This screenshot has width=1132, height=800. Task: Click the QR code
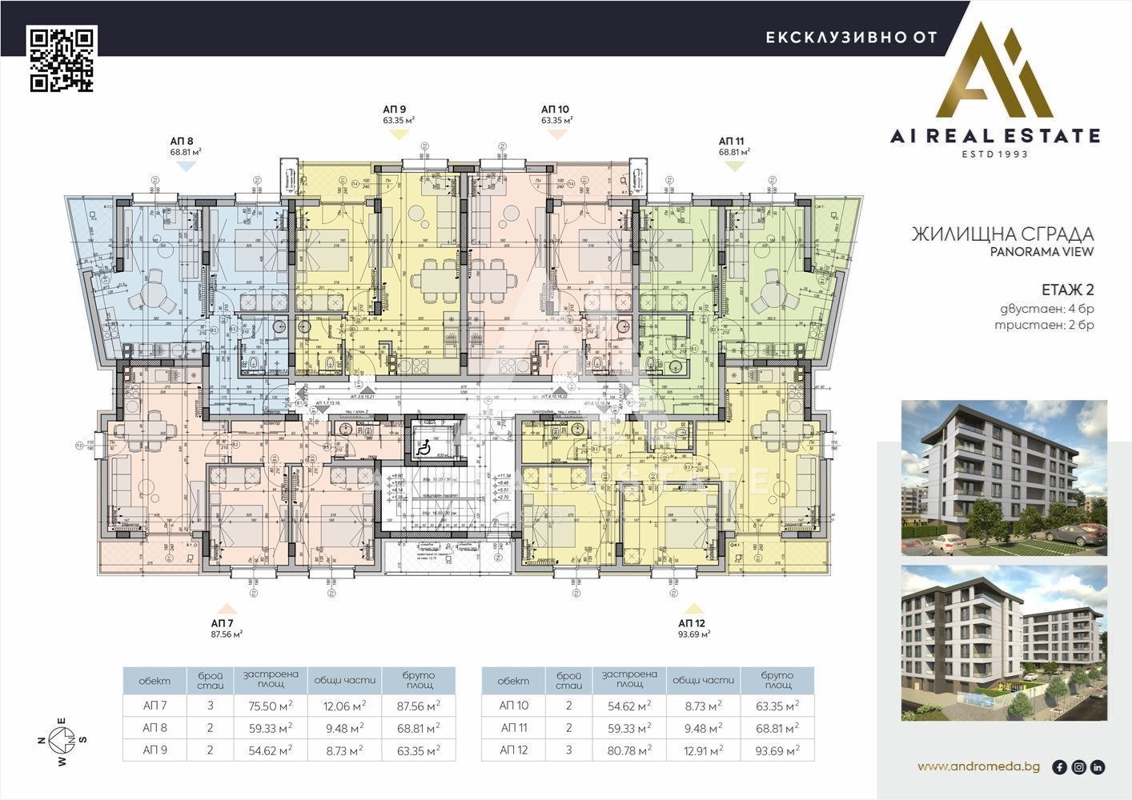click(62, 59)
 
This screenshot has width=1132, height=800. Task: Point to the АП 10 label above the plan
click(555, 110)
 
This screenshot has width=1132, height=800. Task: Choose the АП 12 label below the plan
click(692, 622)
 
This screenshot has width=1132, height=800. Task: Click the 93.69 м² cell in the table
click(777, 750)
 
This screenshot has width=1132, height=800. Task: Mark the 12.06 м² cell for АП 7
click(344, 706)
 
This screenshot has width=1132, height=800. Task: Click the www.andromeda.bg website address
click(978, 766)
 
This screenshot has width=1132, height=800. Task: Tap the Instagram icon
click(1079, 767)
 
